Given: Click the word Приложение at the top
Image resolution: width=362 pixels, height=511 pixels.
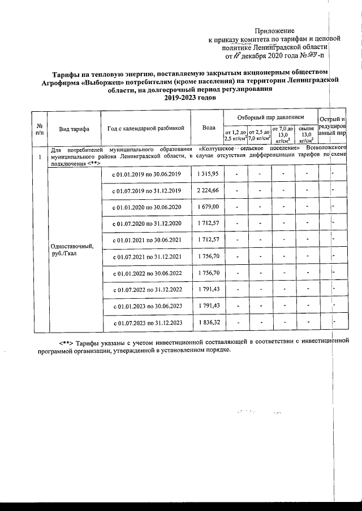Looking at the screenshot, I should [x=275, y=29].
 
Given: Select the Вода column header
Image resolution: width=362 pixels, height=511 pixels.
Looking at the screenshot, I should [x=208, y=128].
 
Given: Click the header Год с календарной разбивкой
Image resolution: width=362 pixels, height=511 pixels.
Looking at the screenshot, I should [x=146, y=128].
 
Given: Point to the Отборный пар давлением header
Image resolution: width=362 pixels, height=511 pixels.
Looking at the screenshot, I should [x=270, y=115].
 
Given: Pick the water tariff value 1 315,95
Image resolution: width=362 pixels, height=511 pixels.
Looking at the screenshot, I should [x=208, y=172].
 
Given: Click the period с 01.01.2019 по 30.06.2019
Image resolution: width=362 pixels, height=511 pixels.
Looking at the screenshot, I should [x=146, y=172].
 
